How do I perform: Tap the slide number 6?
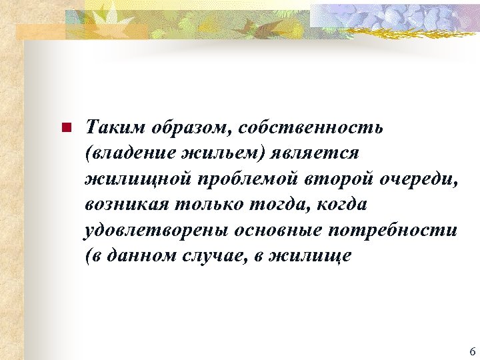point(471,352)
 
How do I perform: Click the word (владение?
point(127,153)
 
